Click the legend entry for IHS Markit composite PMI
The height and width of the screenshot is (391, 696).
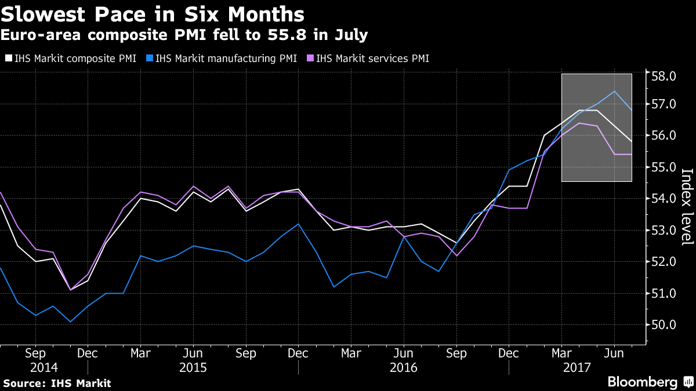pos(73,58)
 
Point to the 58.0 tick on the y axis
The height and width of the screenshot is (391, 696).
pos(664,76)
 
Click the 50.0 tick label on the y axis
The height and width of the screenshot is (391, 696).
pos(664,325)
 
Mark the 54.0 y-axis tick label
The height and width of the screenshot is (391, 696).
pos(664,199)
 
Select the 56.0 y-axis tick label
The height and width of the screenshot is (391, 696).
pos(664,136)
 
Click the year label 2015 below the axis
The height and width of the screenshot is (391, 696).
pos(193,367)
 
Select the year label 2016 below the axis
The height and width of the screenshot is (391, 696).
pos(403,367)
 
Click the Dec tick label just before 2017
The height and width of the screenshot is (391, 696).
pos(509,353)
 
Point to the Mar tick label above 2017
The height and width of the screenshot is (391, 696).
pos(561,353)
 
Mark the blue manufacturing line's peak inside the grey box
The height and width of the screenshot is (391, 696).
pos(614,91)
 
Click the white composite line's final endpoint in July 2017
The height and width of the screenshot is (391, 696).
pos(632,141)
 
